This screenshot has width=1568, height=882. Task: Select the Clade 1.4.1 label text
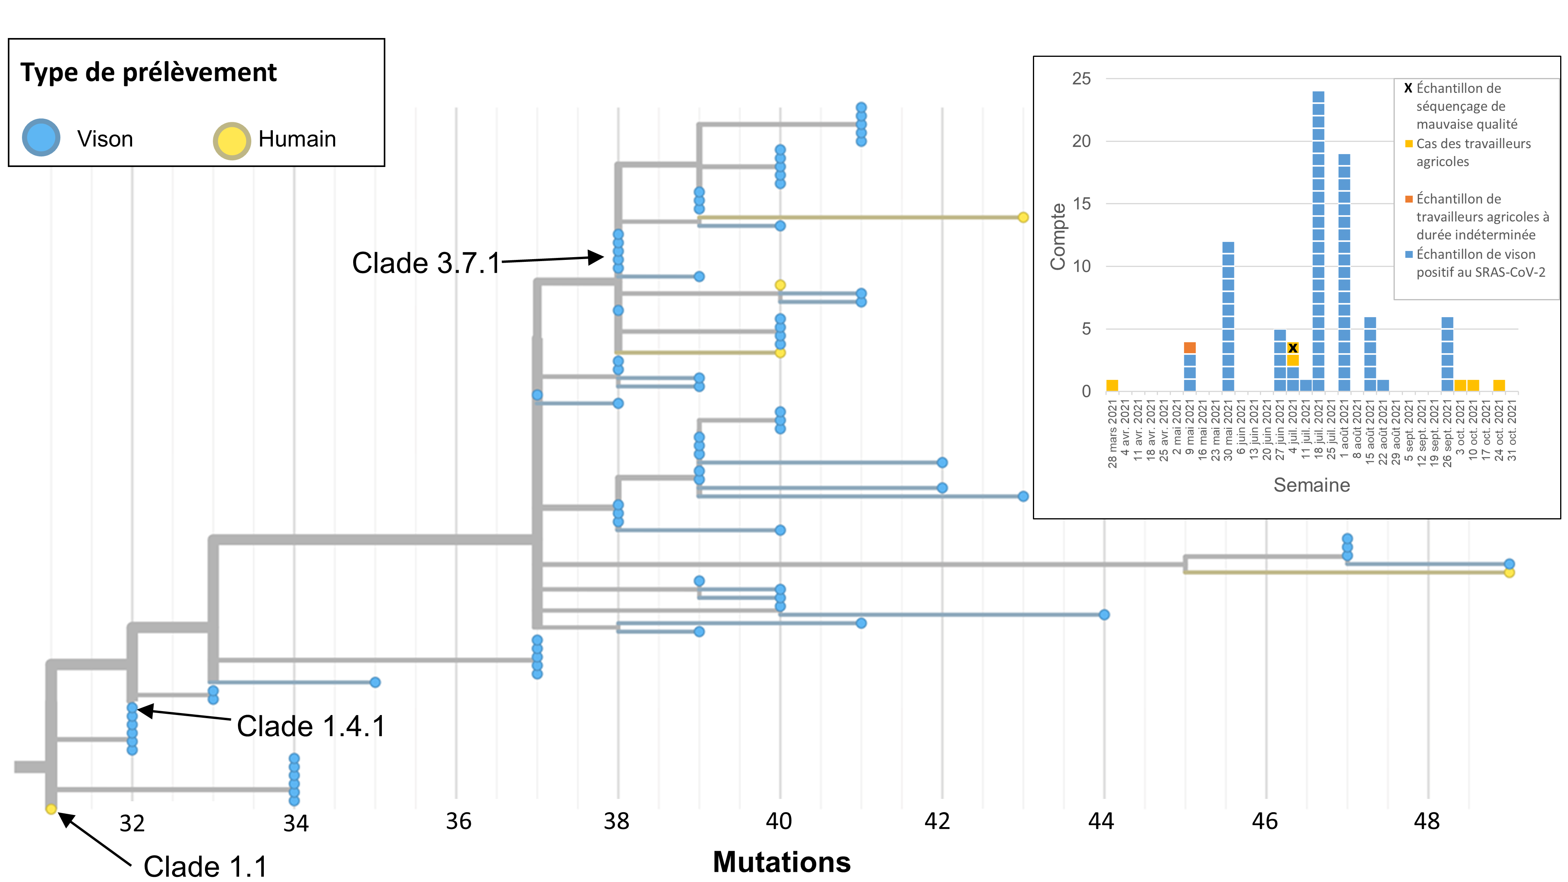point(311,726)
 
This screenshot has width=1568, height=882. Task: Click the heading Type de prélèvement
point(149,73)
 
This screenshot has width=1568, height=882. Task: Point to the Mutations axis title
point(782,862)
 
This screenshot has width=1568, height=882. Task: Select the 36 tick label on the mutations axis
point(458,822)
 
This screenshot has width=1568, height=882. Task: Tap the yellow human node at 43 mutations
point(1023,217)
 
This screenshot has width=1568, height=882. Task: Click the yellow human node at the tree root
point(51,809)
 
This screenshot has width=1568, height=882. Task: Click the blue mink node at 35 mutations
point(375,682)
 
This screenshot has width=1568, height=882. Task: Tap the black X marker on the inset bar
point(1293,348)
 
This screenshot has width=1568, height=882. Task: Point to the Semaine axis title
point(1312,485)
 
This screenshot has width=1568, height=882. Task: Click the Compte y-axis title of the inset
point(1058,236)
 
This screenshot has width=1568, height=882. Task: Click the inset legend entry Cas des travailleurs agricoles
point(1473,152)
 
